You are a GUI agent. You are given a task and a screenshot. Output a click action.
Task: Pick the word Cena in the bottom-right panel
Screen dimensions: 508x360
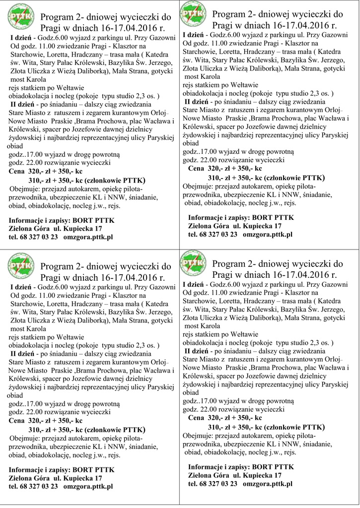coord(198,419)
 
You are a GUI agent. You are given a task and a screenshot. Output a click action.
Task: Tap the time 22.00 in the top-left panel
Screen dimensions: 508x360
coord(33,163)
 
